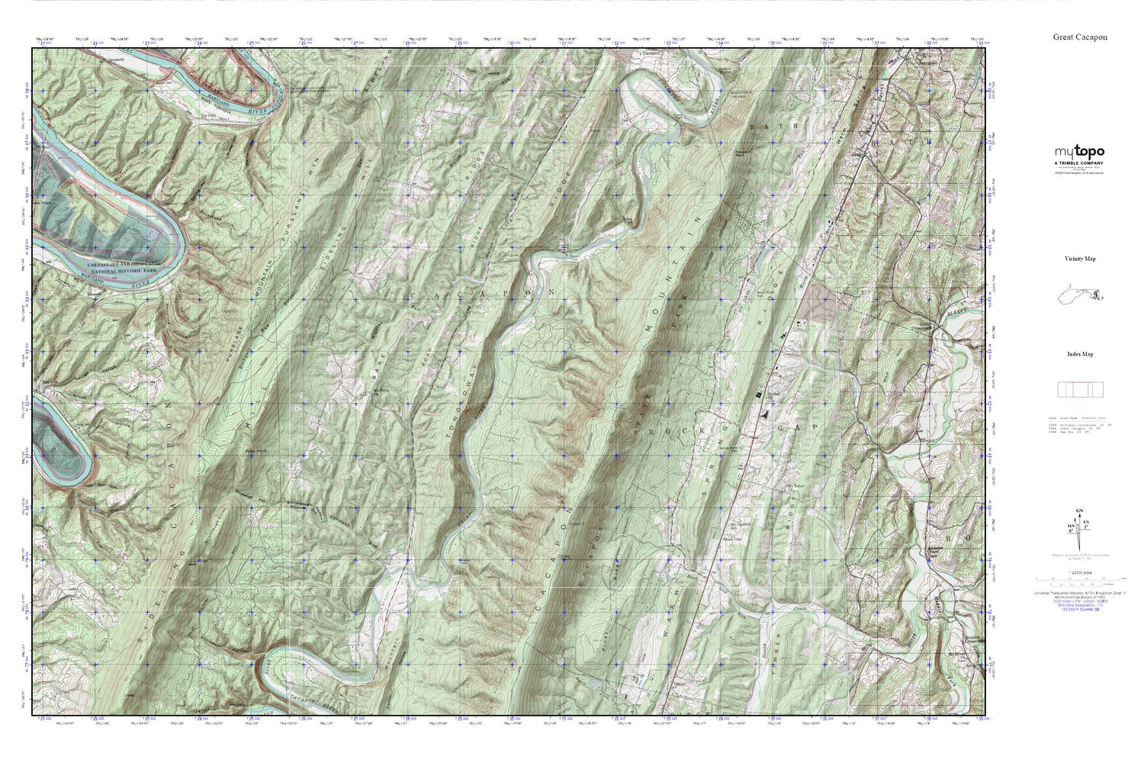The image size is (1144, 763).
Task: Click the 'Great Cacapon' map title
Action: [x=1080, y=37]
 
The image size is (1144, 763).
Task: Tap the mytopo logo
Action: [x=1079, y=152]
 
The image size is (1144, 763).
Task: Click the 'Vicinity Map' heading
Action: [x=1080, y=259]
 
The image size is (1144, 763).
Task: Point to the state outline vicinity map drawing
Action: [x=1080, y=293]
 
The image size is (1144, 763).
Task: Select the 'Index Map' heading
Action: [x=1080, y=354]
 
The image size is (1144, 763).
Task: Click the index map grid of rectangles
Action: [x=1079, y=389]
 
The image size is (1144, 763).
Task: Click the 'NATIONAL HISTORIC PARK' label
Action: [x=115, y=270]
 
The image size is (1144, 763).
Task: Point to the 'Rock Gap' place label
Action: [x=733, y=537]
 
